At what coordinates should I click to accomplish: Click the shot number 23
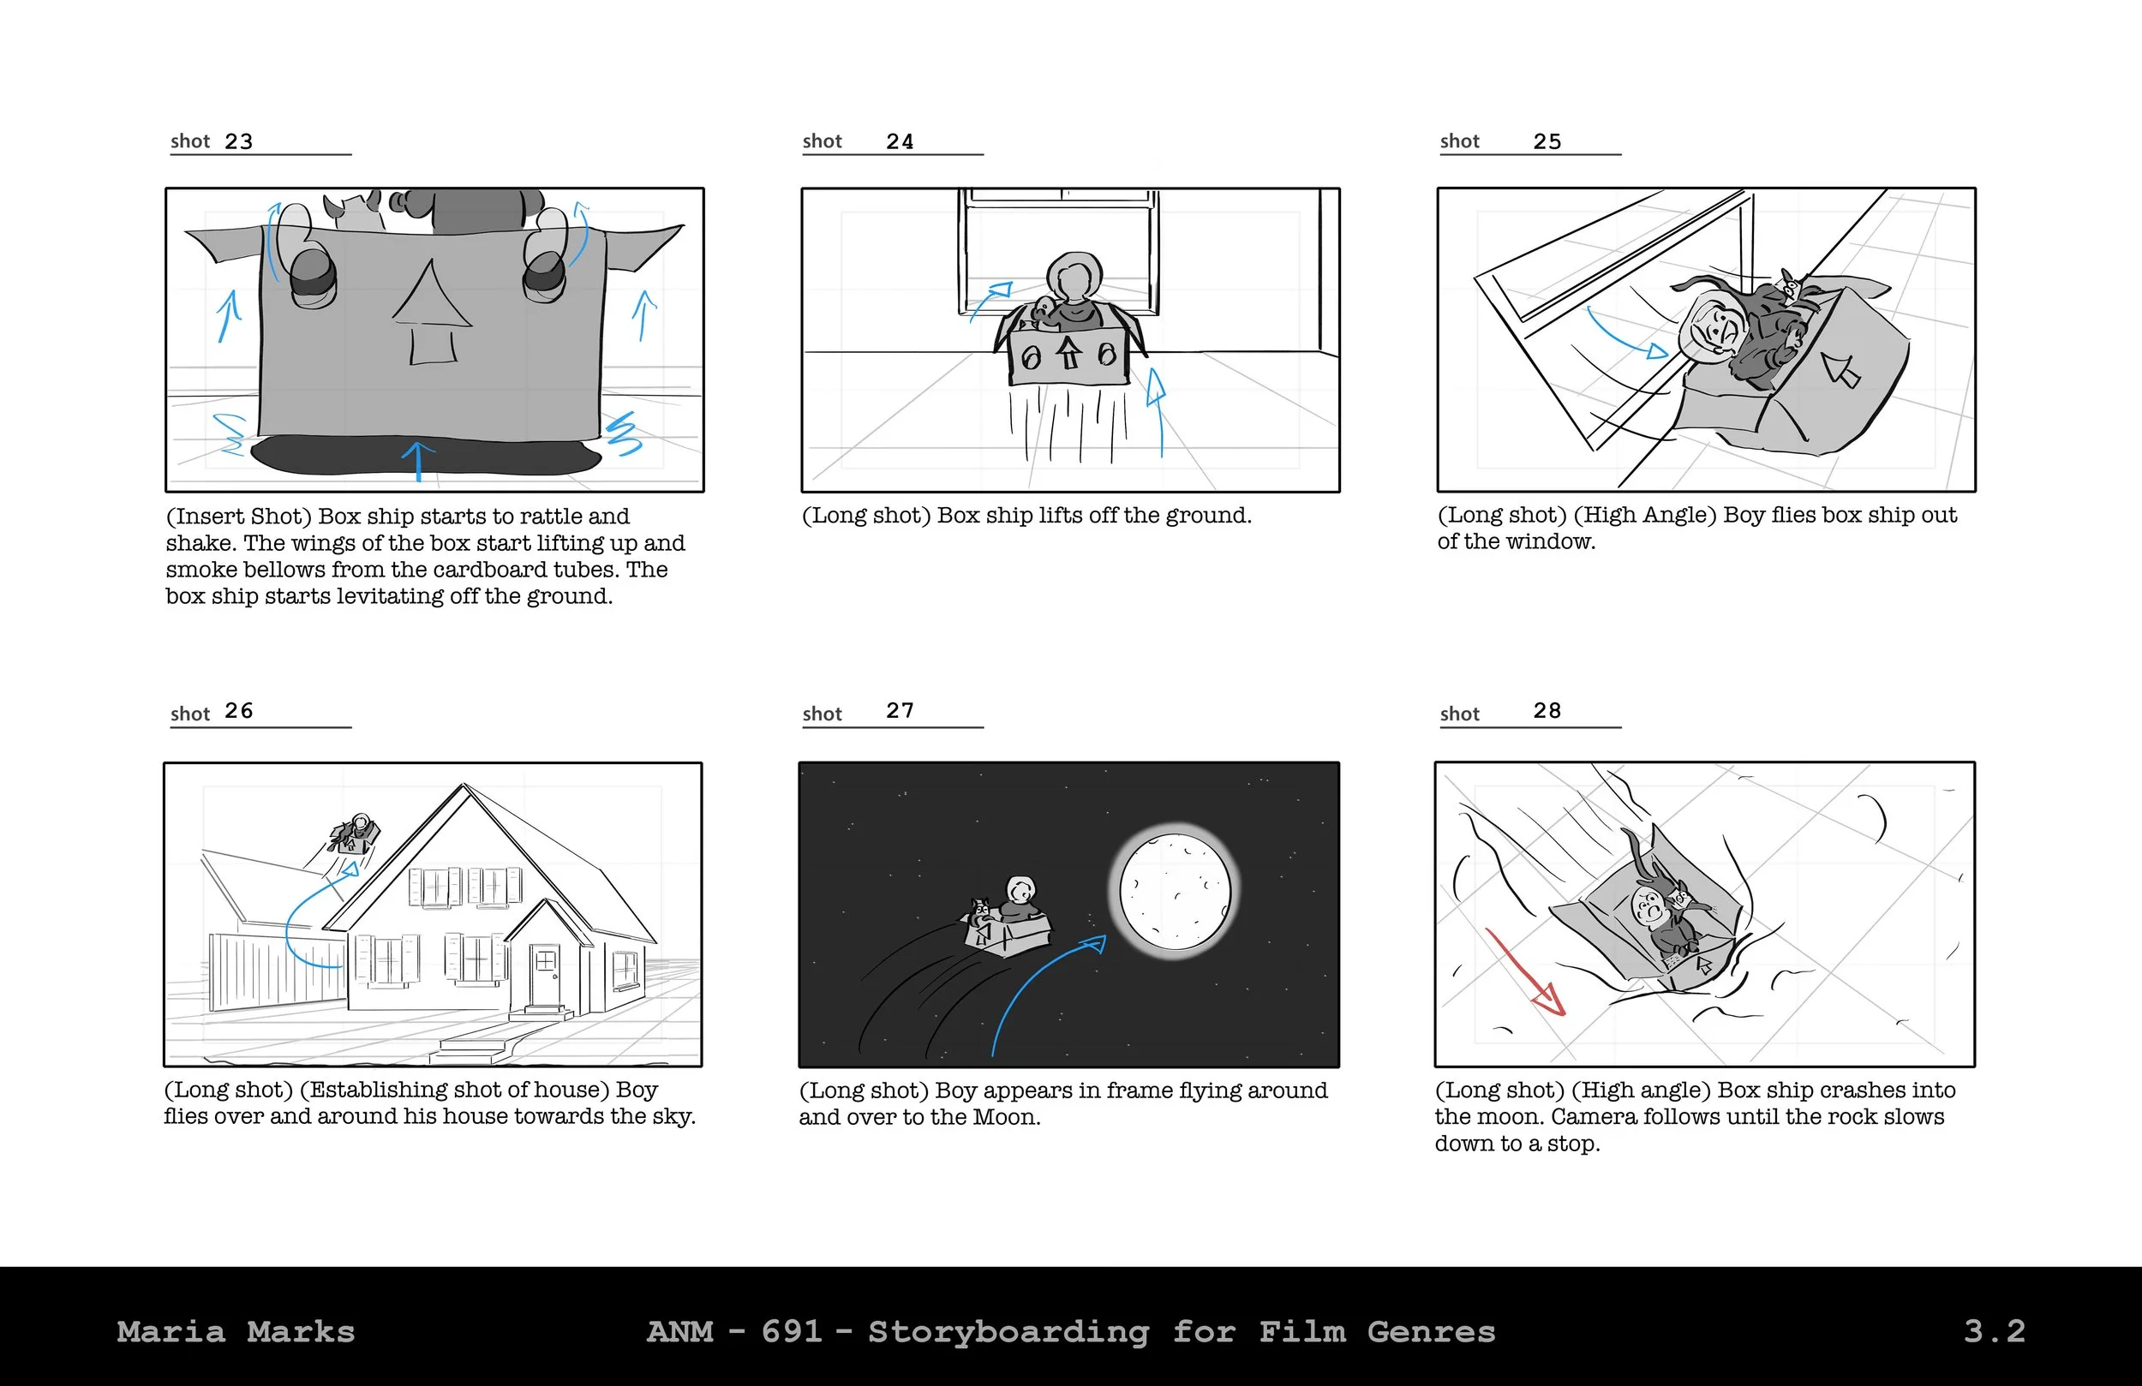[x=238, y=141]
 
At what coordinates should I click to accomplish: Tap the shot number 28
[x=1547, y=711]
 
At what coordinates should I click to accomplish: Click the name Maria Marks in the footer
[x=236, y=1332]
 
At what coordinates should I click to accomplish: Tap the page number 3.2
[x=1995, y=1331]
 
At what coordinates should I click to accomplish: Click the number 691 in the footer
[x=792, y=1331]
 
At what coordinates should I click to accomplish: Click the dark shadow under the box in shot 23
[x=425, y=456]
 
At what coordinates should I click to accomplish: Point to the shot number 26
[x=238, y=711]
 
